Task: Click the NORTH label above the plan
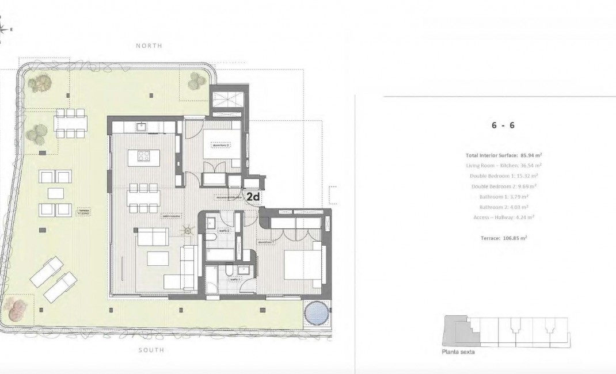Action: [149, 45]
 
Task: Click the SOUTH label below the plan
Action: [150, 350]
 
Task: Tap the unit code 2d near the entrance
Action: [253, 197]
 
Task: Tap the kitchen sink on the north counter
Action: [140, 126]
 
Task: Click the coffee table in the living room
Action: [158, 259]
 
